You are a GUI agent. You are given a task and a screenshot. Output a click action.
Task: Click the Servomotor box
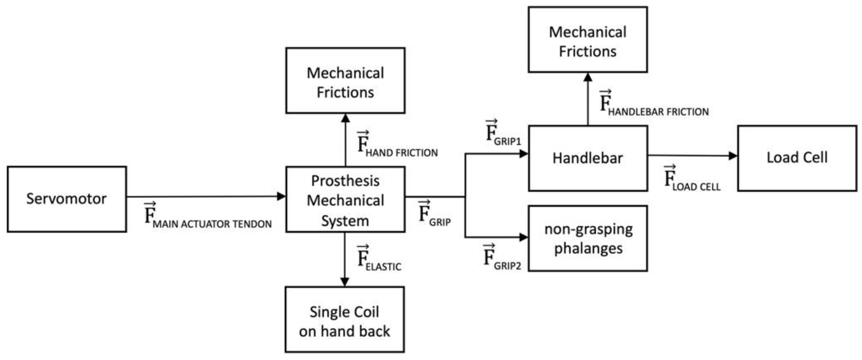point(67,199)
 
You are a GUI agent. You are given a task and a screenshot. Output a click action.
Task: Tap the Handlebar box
point(588,158)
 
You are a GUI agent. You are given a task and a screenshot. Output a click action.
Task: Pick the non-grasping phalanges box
point(588,238)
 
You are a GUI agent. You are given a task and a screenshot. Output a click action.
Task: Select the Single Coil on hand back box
point(344,319)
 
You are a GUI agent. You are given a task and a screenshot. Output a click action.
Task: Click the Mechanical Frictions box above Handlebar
point(588,40)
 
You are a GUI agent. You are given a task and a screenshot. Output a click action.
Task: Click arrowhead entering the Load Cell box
point(733,156)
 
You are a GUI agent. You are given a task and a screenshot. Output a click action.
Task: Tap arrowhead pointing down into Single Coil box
point(344,281)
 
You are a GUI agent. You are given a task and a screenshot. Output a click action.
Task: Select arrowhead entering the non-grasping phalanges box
point(523,237)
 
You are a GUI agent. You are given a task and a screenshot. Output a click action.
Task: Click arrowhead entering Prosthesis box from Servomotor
point(281,196)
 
